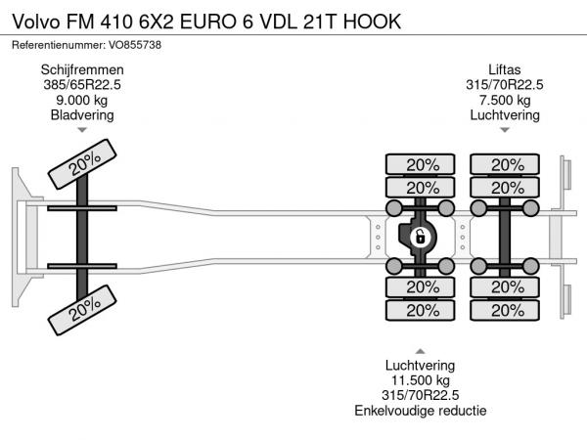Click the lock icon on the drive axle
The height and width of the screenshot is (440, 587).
(x=419, y=236)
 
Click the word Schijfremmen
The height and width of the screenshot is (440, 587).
(x=81, y=69)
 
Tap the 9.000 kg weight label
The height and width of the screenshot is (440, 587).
(x=81, y=100)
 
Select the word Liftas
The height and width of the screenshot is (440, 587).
(x=506, y=69)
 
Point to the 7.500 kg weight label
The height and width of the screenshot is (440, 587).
(x=506, y=100)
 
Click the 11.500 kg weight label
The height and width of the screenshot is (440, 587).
(x=421, y=380)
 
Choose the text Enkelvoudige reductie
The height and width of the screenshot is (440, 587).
(x=421, y=411)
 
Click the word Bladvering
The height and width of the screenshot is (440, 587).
(x=81, y=115)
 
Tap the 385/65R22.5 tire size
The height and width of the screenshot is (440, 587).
(x=81, y=85)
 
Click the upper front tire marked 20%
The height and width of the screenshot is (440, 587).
(x=83, y=165)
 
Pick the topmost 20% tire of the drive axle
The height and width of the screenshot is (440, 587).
(x=421, y=164)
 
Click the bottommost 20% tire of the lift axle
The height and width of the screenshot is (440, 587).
(x=506, y=310)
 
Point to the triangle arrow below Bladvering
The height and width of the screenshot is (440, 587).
(x=81, y=130)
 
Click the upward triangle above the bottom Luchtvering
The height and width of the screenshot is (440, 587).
(x=421, y=351)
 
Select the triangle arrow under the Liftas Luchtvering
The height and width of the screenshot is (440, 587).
(x=506, y=130)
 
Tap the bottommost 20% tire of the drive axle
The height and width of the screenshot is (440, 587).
(x=421, y=310)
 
